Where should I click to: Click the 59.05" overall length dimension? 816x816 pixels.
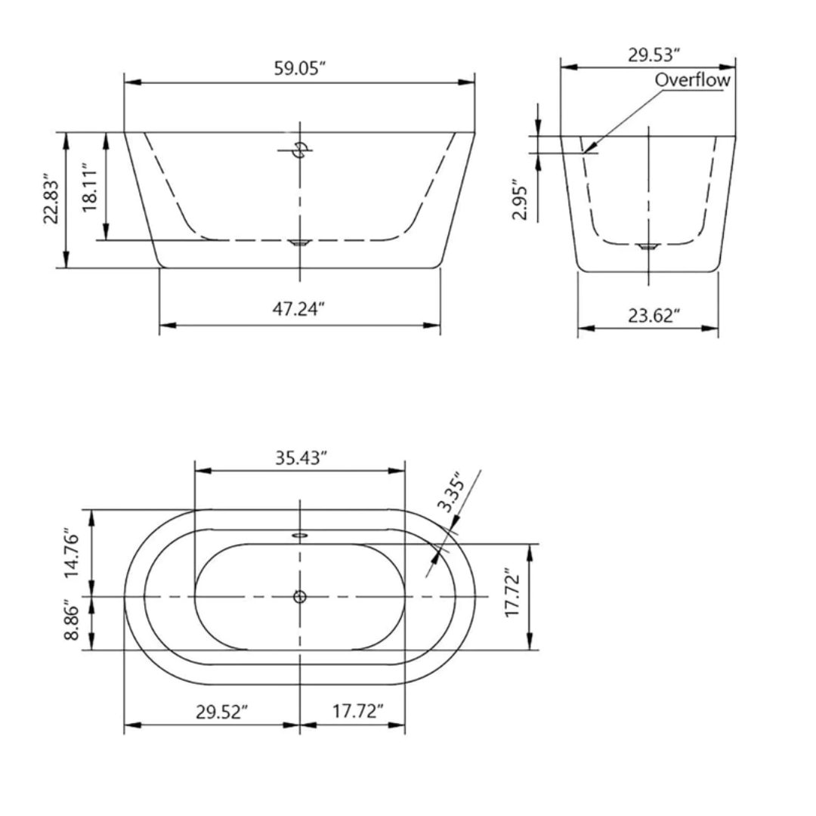tap(299, 68)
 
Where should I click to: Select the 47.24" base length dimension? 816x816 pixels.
tap(299, 309)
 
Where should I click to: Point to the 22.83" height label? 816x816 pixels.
tap(51, 201)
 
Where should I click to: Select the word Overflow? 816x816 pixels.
tap(693, 79)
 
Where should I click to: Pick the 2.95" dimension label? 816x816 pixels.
tap(519, 200)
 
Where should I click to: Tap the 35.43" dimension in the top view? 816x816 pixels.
tap(300, 458)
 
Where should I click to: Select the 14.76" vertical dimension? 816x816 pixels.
tap(72, 553)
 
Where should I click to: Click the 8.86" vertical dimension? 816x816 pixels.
tap(72, 621)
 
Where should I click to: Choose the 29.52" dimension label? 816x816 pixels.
tap(222, 711)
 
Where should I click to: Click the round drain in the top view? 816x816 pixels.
tap(300, 597)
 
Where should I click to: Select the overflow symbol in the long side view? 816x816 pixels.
tap(300, 150)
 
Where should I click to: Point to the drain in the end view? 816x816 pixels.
tap(648, 246)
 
